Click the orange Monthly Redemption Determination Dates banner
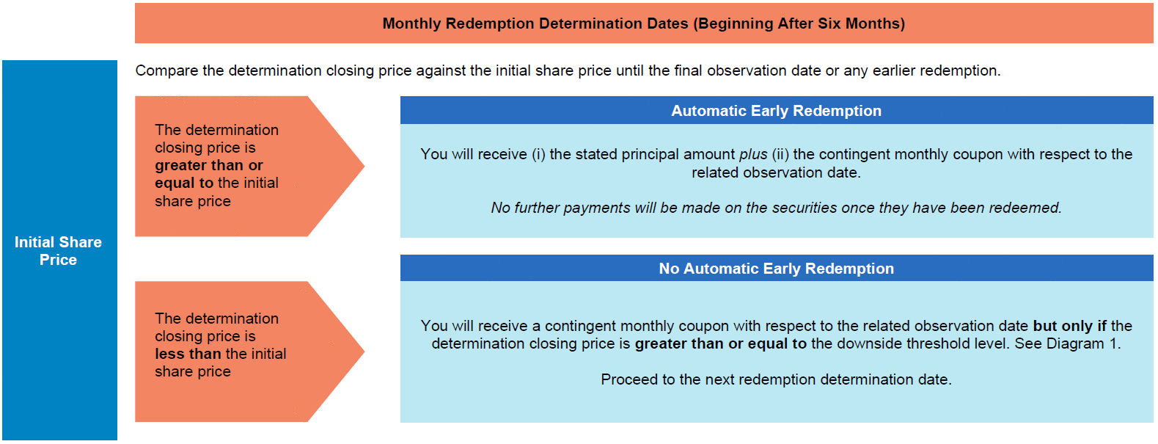coord(644,23)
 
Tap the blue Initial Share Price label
coord(59,251)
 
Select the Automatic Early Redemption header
coord(777,110)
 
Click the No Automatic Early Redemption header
coord(777,268)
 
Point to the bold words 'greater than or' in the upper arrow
coord(209,166)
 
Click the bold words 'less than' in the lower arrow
coord(188,354)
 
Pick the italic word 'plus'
coord(753,155)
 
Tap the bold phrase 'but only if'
coord(1069,326)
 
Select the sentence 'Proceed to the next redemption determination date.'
coord(776,379)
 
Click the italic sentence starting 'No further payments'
coord(776,208)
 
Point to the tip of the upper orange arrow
coord(364,166)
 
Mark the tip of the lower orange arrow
coord(364,352)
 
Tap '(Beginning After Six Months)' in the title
coord(799,23)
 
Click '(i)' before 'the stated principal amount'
coord(539,154)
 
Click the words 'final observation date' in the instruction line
coord(764,70)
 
